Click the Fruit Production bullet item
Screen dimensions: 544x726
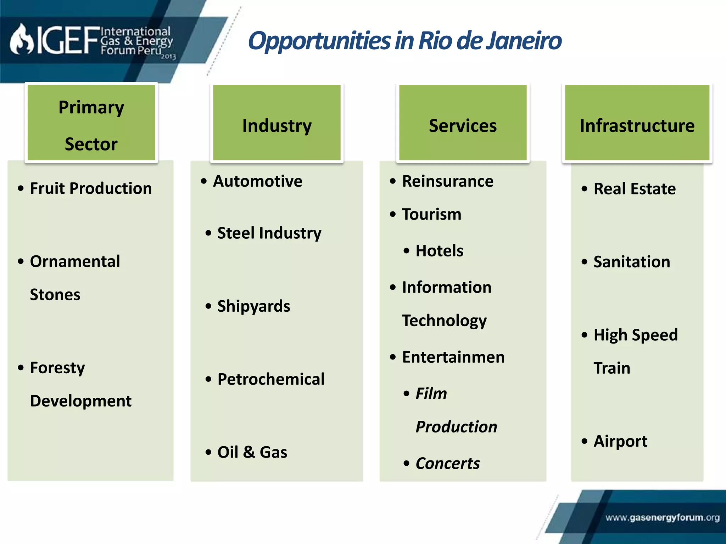click(x=91, y=188)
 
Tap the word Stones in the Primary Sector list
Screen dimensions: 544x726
click(x=55, y=295)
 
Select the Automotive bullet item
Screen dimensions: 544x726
click(x=258, y=181)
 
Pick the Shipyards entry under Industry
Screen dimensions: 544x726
click(x=254, y=306)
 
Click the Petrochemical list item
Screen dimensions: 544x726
click(x=271, y=379)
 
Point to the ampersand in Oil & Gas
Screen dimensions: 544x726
click(x=249, y=452)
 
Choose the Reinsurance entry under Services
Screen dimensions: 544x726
click(x=447, y=181)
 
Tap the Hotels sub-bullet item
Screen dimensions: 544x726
click(x=439, y=251)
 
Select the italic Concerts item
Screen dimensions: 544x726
click(x=447, y=464)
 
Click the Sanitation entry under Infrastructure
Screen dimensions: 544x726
click(x=632, y=262)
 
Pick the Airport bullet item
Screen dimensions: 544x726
click(x=620, y=441)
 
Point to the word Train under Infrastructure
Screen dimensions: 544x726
click(x=612, y=368)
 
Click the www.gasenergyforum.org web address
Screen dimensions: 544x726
click(x=662, y=518)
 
